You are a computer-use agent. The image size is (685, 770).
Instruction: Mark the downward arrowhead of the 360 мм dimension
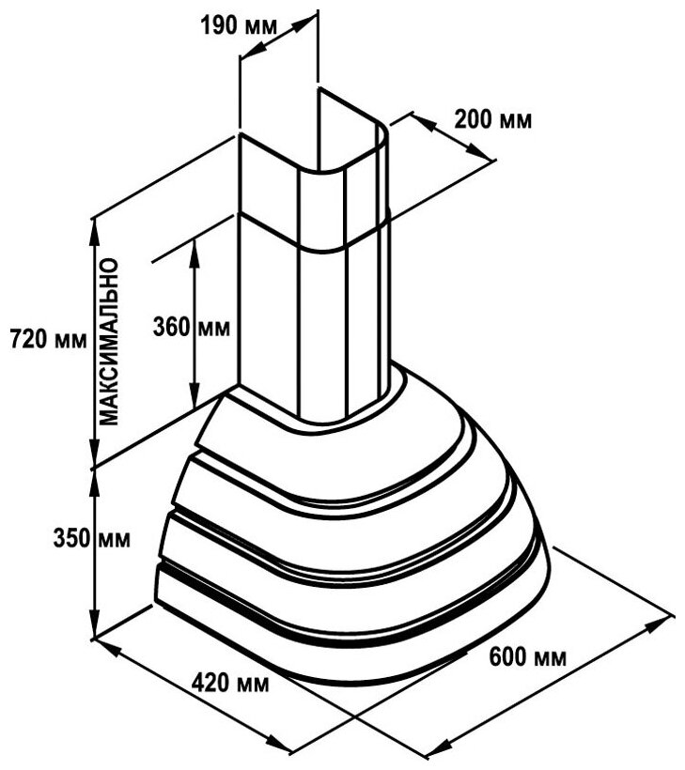(x=195, y=398)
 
